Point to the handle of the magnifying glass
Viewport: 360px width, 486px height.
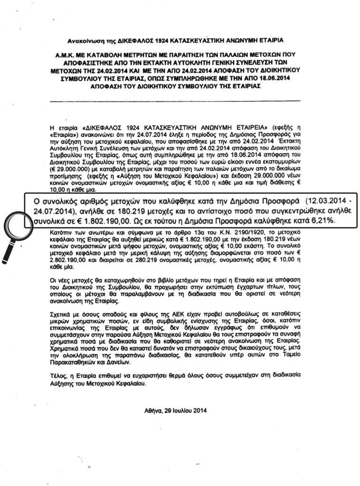[8, 252]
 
